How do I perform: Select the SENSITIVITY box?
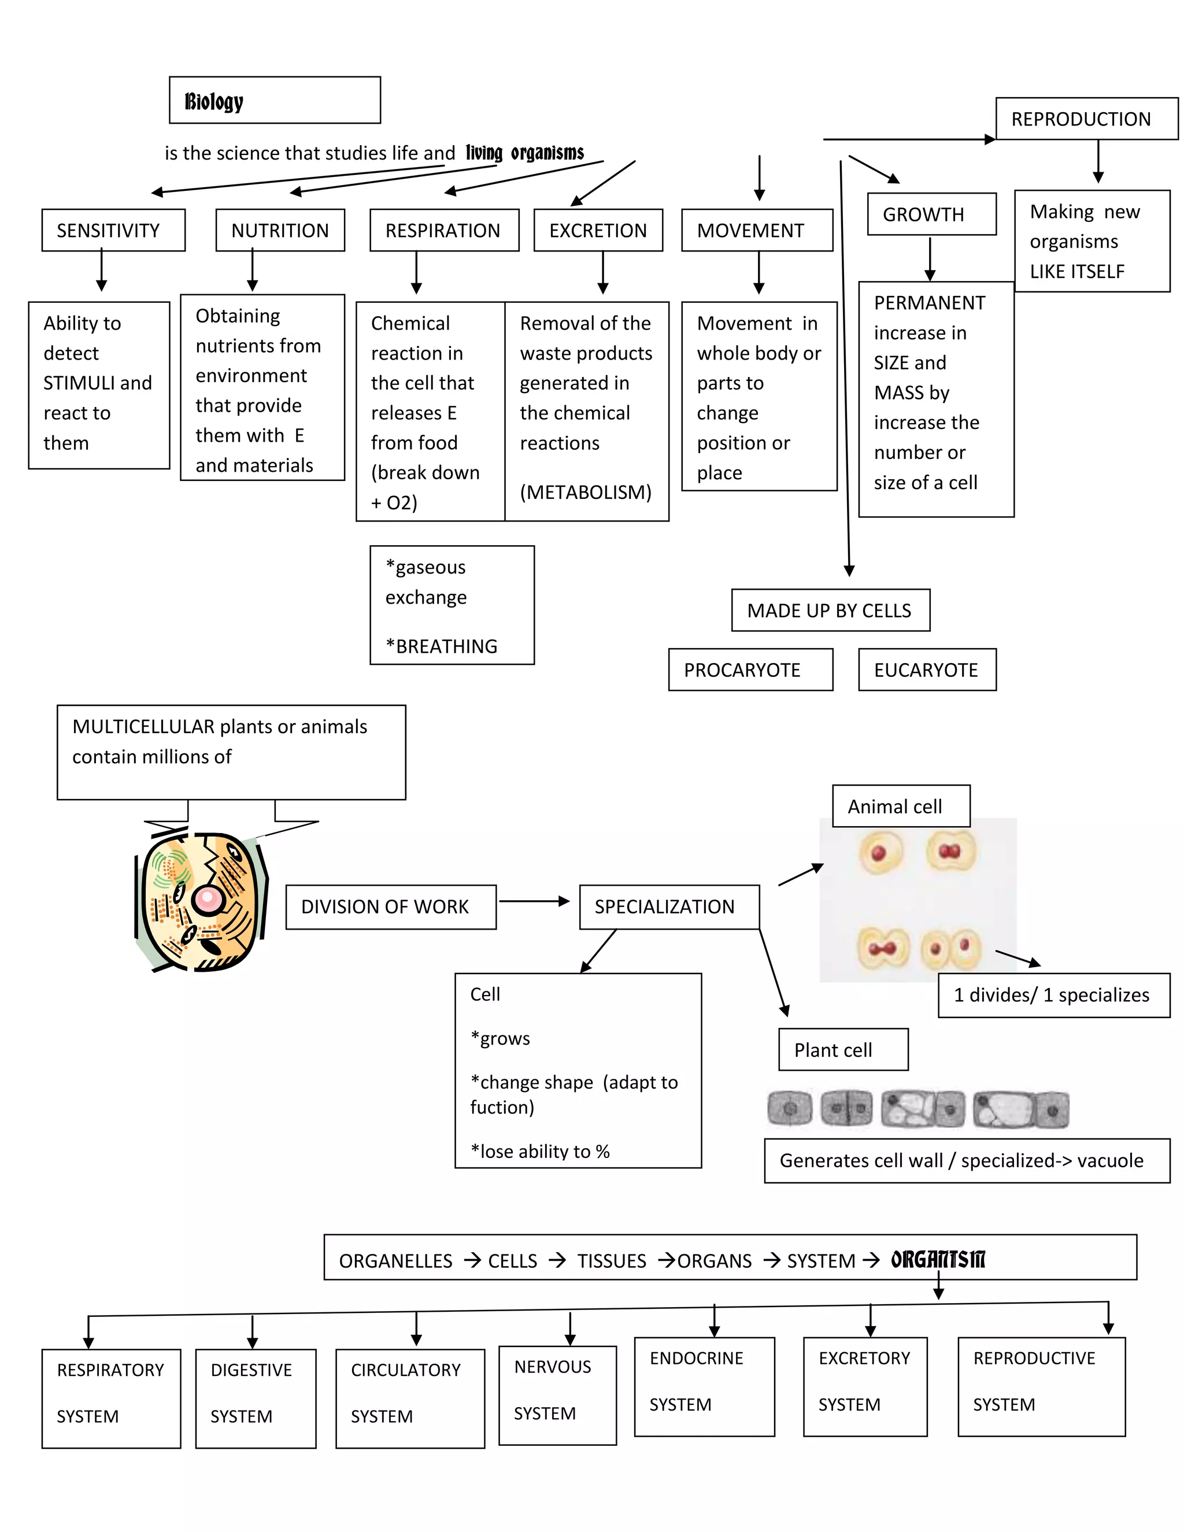coord(113,230)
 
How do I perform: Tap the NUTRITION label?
coord(280,230)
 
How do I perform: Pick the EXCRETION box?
coord(598,230)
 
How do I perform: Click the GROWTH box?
coord(931,214)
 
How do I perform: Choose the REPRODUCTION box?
coord(1086,119)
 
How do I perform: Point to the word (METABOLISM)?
coord(586,492)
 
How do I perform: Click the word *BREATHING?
coord(441,646)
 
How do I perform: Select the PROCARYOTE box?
coord(750,670)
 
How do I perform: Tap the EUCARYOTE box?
coord(927,670)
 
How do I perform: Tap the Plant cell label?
coord(842,1050)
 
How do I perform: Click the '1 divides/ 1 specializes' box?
coord(1053,995)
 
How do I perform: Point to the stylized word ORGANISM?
coord(938,1260)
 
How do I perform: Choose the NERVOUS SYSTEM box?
coord(557,1394)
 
